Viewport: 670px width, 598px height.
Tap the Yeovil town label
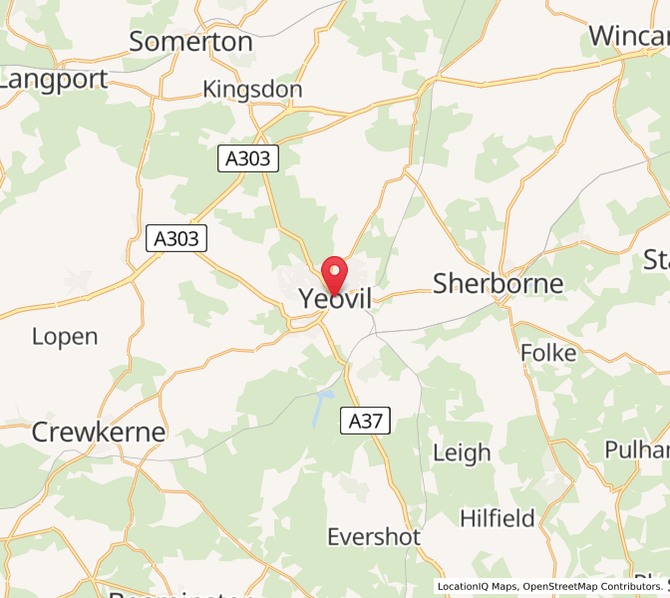click(x=335, y=298)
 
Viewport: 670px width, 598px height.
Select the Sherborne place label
click(x=498, y=283)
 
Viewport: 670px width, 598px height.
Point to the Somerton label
click(x=190, y=41)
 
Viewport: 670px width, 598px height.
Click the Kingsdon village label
click(x=252, y=90)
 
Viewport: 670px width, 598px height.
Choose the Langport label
click(x=53, y=79)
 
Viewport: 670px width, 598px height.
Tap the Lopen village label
click(x=65, y=336)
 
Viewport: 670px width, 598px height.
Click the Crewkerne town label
click(x=98, y=432)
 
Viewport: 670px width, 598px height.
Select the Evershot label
click(x=374, y=536)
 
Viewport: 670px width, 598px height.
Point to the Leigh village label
click(x=462, y=452)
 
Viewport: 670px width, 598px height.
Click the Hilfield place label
click(x=498, y=518)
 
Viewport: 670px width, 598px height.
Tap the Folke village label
click(x=548, y=353)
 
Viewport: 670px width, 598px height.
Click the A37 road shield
click(x=365, y=422)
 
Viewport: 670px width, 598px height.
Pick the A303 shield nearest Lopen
click(x=176, y=238)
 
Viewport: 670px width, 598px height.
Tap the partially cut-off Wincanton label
click(x=629, y=36)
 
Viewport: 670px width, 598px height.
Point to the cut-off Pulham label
click(x=637, y=449)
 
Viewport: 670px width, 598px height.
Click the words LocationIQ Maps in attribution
click(x=478, y=587)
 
